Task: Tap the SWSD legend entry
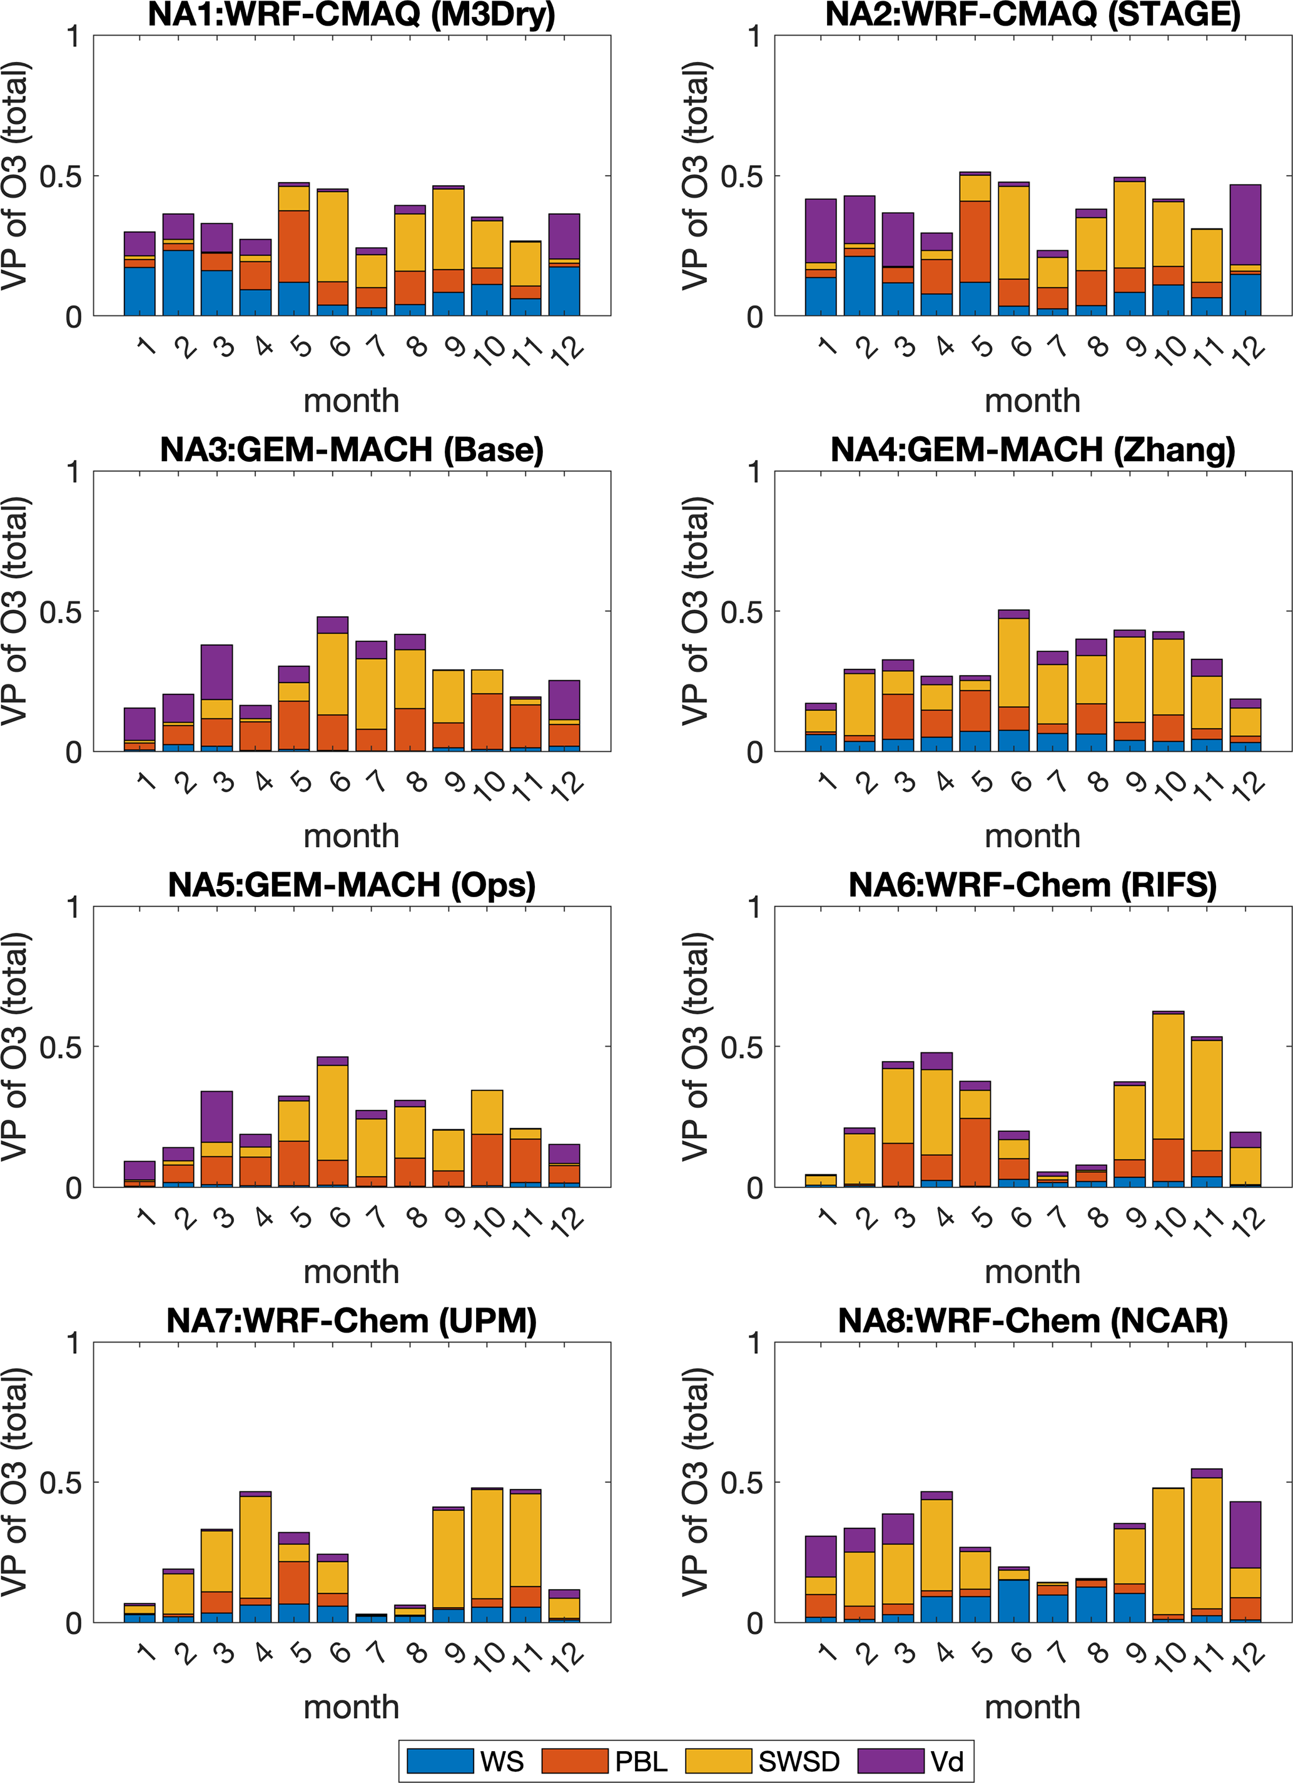(x=763, y=1760)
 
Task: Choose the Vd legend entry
(x=912, y=1760)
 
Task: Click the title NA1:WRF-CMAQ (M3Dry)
(x=352, y=14)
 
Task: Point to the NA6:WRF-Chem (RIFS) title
(x=1032, y=885)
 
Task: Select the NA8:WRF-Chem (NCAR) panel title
(x=1032, y=1321)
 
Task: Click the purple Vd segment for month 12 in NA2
(x=1245, y=225)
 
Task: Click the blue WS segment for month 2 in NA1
(x=178, y=283)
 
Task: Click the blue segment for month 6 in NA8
(x=1014, y=1600)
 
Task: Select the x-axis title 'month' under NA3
(x=352, y=836)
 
